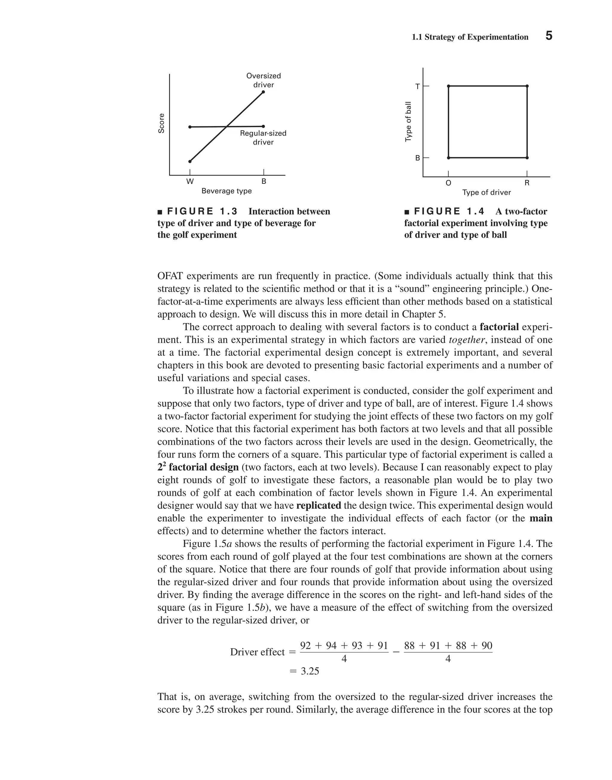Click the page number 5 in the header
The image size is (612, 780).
(549, 36)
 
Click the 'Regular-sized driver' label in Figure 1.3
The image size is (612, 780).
(263, 137)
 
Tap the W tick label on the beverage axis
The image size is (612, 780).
(190, 181)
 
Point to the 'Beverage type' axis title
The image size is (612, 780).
(227, 191)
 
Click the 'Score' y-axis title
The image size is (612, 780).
(162, 123)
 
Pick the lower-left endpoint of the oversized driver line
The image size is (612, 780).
(190, 161)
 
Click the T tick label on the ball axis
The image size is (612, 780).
(417, 87)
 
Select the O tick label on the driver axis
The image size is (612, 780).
(448, 183)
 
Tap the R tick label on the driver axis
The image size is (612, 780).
(527, 183)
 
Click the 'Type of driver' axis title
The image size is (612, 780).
(486, 192)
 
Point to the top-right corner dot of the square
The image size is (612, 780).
(527, 86)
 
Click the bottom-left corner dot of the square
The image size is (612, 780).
(448, 158)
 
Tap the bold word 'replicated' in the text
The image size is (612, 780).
(319, 506)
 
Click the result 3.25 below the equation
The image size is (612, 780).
(310, 671)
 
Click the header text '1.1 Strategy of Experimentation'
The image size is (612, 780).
(470, 37)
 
